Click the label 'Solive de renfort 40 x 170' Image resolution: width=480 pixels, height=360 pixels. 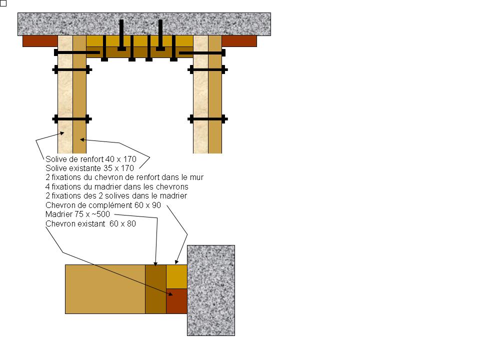(91, 159)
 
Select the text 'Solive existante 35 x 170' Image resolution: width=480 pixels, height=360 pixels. (89, 168)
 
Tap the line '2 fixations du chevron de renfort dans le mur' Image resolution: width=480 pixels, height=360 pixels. (124, 177)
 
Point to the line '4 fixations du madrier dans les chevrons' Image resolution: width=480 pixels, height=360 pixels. (116, 186)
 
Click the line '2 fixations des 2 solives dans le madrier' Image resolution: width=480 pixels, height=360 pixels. (116, 196)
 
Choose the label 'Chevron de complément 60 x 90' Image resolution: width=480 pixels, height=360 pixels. (103, 205)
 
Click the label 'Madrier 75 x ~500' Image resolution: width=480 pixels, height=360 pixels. (77, 214)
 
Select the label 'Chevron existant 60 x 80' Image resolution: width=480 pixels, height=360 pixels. (90, 224)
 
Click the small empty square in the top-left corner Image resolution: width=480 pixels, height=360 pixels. (3, 3)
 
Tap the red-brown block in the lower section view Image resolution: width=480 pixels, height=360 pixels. (176, 301)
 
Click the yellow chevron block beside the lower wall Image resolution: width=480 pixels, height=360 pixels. (176, 276)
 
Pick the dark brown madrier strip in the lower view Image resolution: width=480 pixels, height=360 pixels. (156, 289)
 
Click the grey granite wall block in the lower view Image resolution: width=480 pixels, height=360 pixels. (211, 290)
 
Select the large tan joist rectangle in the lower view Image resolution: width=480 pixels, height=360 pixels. (105, 289)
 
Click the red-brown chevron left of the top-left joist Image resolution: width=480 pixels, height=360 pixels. (40, 41)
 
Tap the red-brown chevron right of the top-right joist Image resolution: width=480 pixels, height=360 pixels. (239, 41)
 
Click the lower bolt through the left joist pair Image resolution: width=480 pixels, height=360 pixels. (72, 119)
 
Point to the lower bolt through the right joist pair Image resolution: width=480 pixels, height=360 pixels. (207, 119)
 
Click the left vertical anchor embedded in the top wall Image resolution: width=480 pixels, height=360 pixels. (121, 35)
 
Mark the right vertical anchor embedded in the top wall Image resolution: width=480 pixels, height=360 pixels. (160, 35)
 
